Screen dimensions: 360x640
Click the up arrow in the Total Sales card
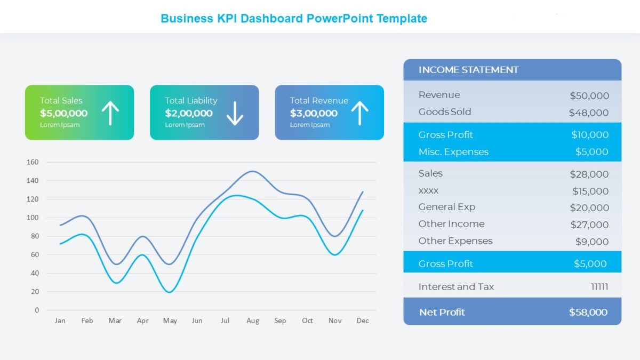point(110,113)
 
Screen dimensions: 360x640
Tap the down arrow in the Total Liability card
point(235,113)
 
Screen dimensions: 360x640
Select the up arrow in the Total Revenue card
point(359,113)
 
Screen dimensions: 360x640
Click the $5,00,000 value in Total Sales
point(63,113)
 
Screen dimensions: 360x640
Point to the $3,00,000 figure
point(314,113)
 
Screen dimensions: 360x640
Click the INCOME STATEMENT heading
point(468,70)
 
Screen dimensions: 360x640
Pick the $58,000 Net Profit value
point(588,313)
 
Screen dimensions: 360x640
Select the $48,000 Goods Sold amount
point(588,113)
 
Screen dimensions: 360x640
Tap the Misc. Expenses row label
point(453,152)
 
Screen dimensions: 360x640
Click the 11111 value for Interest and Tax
point(599,287)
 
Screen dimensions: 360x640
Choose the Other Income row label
point(451,224)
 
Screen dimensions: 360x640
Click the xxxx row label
point(428,190)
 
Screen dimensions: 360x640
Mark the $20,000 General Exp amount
point(589,208)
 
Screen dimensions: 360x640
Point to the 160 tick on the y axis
point(33,162)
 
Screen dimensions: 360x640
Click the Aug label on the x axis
point(253,321)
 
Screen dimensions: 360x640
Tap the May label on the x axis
point(170,321)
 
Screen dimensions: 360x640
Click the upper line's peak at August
point(252,171)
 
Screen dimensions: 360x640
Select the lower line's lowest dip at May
point(170,292)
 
